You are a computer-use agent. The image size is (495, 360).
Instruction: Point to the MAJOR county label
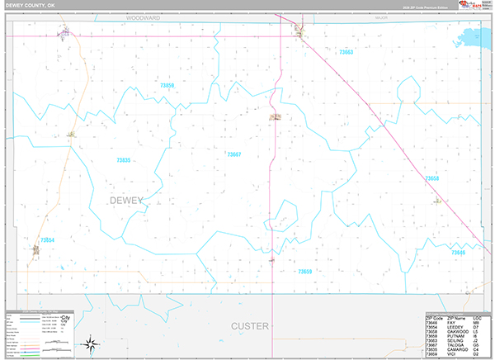point(380,17)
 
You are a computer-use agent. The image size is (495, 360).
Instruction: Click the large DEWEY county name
point(126,201)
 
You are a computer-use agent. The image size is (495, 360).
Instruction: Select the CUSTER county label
point(249,326)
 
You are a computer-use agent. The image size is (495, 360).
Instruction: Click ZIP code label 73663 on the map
point(346,52)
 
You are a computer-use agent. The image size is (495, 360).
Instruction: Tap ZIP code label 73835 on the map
point(124,160)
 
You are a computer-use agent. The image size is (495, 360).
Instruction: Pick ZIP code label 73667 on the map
point(234,154)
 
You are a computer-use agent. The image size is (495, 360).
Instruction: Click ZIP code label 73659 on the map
point(305,271)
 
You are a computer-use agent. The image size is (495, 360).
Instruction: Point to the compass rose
point(94,343)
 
